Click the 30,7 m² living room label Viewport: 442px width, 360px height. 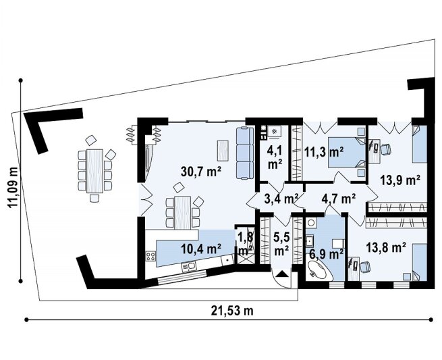[200, 172]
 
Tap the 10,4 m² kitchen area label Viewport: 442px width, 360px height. [201, 249]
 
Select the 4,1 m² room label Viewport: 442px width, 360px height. [275, 158]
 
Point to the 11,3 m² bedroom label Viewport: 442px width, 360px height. [324, 152]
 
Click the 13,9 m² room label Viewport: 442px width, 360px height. [400, 180]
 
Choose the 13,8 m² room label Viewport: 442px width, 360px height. [386, 247]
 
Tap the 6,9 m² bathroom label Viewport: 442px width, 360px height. [326, 254]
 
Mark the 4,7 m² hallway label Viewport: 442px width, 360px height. [339, 199]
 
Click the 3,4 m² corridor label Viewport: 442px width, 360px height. [281, 199]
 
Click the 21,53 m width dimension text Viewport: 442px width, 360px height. [232, 311]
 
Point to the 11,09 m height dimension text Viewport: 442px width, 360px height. [13, 187]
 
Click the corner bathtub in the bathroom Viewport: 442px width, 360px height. [319, 269]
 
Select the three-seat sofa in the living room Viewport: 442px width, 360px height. [245, 153]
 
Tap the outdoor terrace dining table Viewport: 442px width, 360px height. [94, 172]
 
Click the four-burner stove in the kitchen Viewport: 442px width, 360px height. [150, 256]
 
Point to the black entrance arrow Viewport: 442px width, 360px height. [281, 274]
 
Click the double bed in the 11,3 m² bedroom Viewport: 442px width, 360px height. [347, 153]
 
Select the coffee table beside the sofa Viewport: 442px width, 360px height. [223, 151]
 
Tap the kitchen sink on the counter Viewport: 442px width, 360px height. [188, 266]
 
